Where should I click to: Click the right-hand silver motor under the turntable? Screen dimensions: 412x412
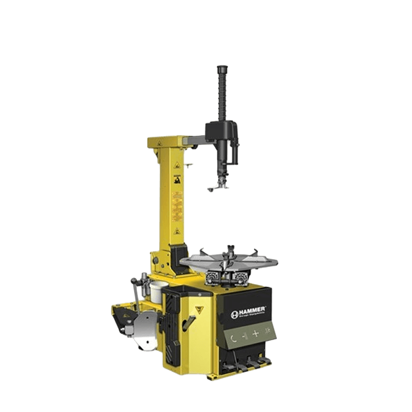(241, 276)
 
